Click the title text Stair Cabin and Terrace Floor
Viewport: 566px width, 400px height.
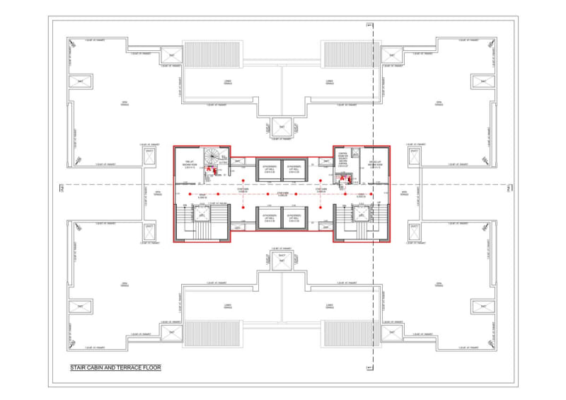(x=115, y=368)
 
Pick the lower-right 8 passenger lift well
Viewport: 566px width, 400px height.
(x=295, y=218)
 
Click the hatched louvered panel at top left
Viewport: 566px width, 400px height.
(x=202, y=55)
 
